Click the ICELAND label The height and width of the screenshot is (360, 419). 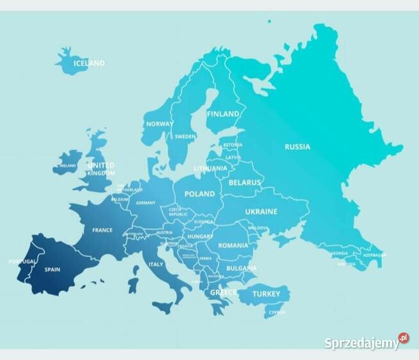tap(89, 63)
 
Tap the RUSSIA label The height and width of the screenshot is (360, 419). tap(297, 147)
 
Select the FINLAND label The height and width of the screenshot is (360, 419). tap(223, 114)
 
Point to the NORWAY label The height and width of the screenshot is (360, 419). tap(160, 124)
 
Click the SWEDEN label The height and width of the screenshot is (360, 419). tap(185, 136)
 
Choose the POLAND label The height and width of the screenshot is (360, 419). tap(200, 194)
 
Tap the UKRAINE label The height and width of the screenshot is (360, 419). tap(261, 211)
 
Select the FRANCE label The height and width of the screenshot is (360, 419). tap(102, 230)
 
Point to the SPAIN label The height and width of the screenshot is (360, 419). tap(52, 270)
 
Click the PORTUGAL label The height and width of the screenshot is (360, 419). tap(22, 261)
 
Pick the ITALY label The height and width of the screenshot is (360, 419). tap(156, 264)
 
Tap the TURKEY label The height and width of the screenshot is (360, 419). tap(266, 294)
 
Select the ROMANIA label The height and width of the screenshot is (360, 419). tap(233, 245)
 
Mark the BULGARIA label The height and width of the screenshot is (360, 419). tap(241, 268)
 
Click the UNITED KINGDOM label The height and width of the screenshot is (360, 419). tap(101, 169)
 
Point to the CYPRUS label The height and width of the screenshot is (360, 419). tap(277, 313)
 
